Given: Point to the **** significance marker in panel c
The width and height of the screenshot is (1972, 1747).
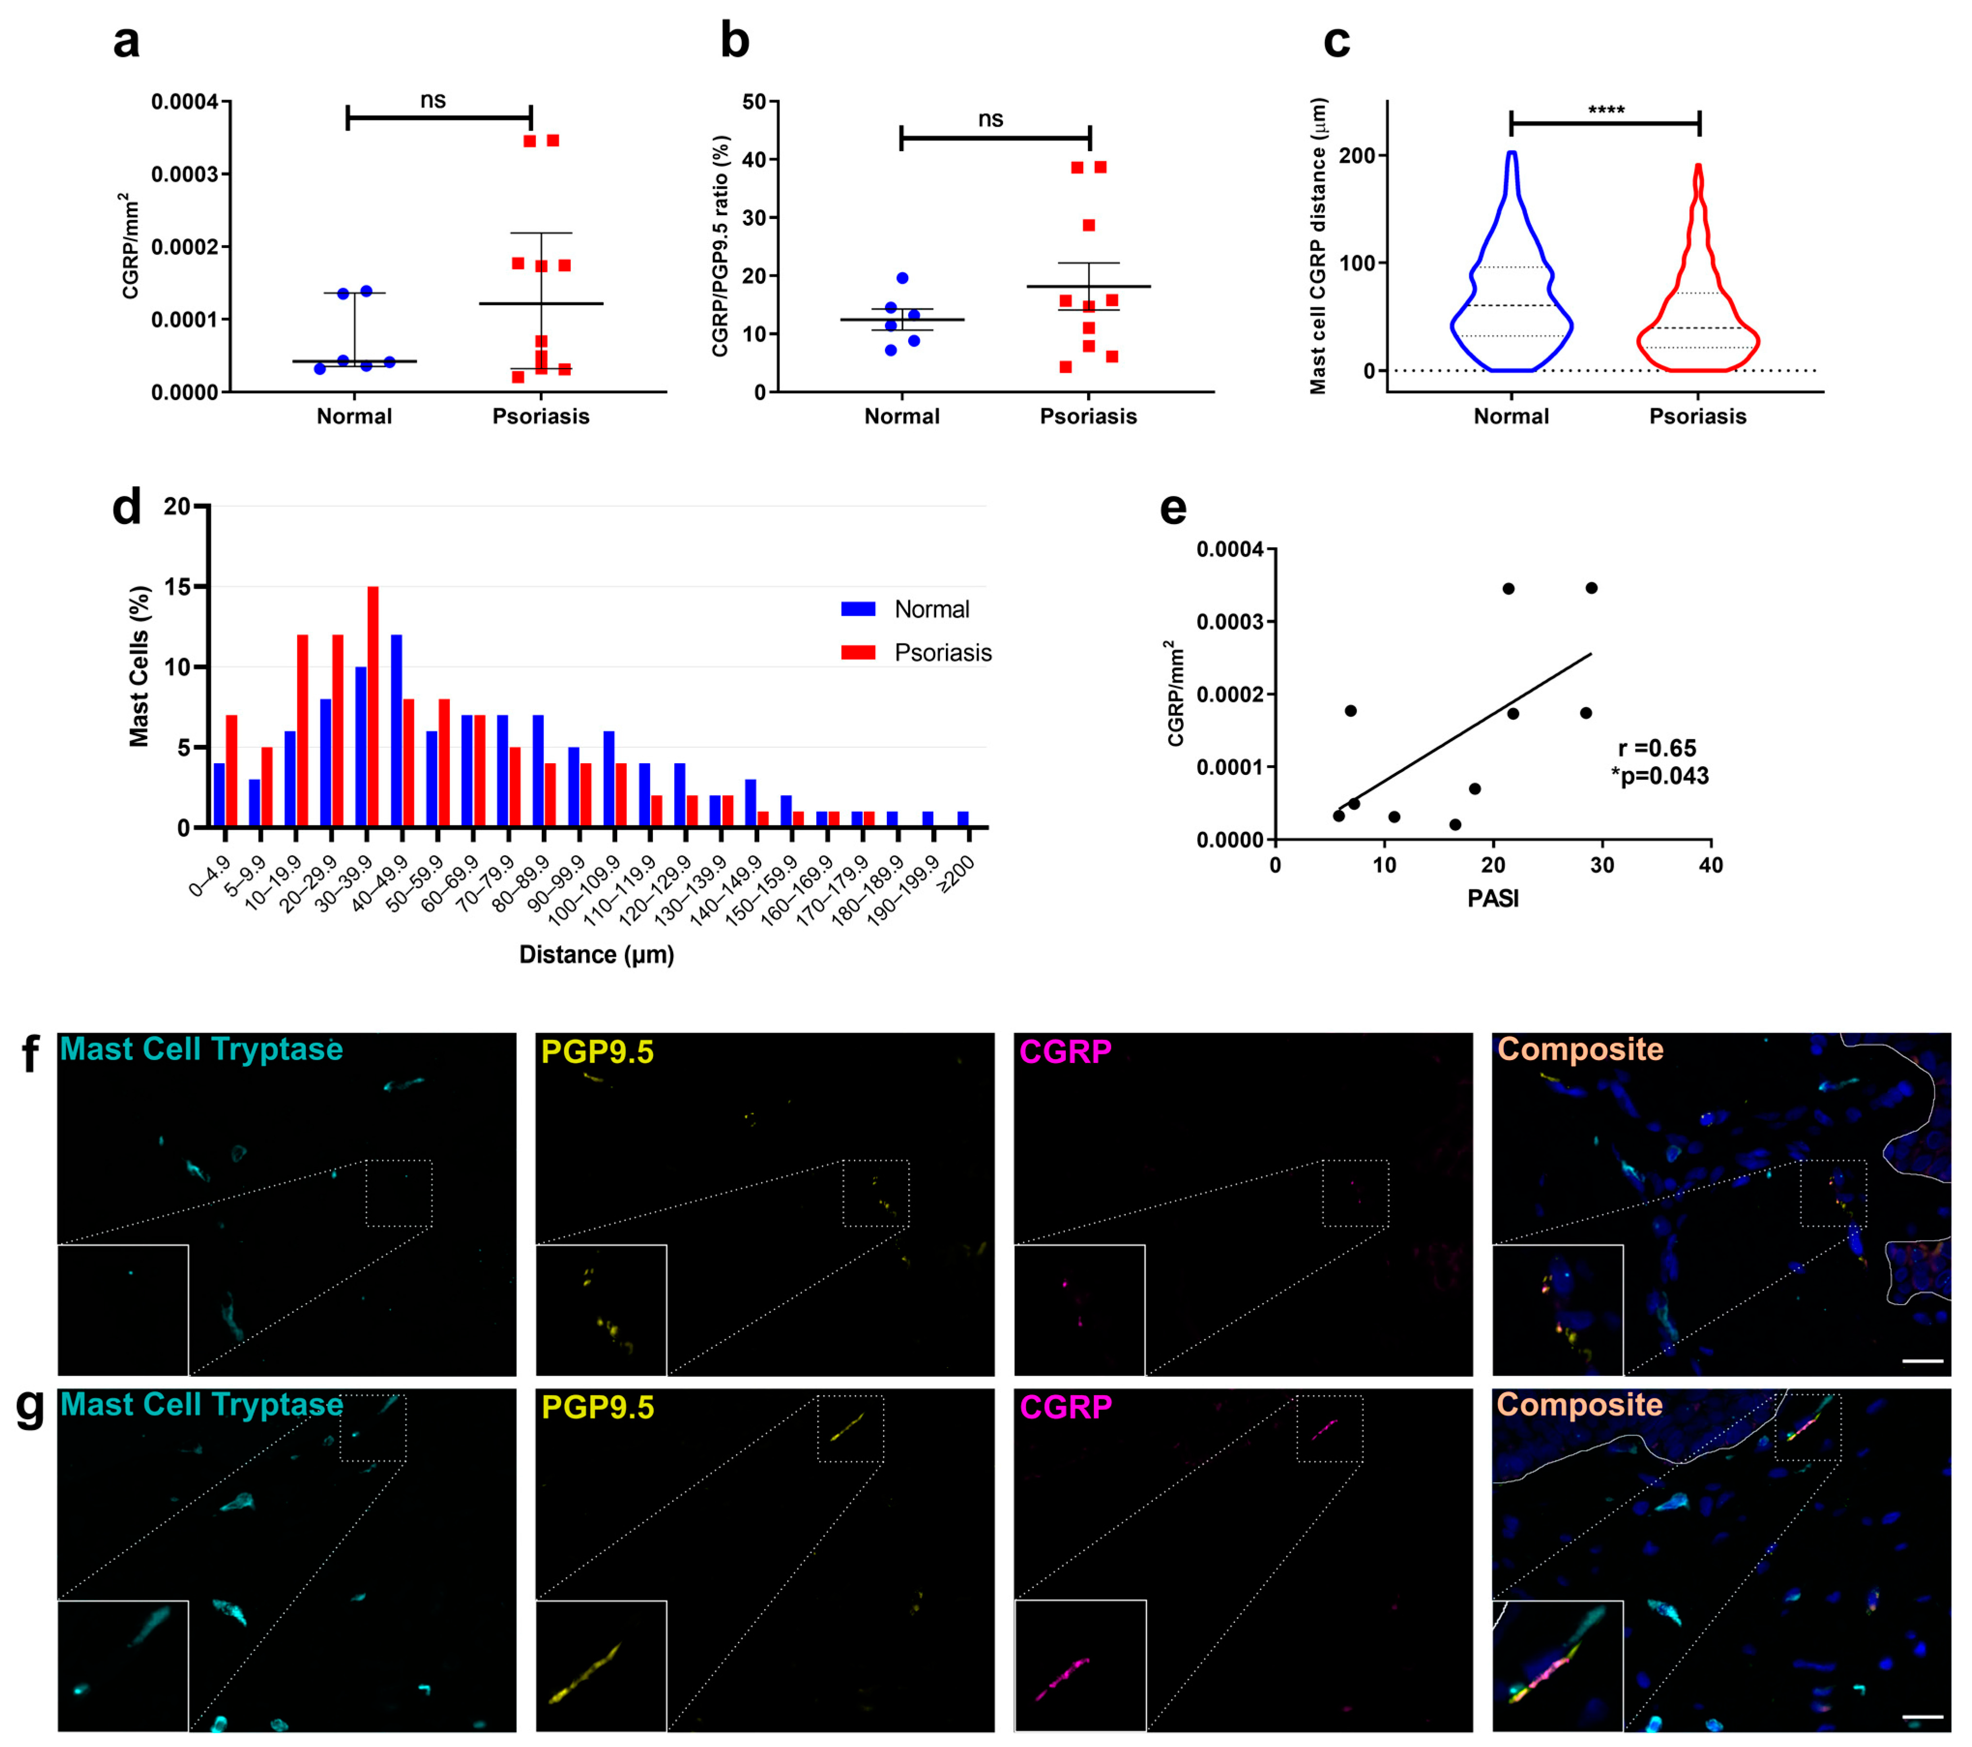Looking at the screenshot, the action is tap(1606, 110).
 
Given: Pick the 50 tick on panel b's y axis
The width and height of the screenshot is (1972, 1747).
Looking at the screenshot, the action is tap(754, 102).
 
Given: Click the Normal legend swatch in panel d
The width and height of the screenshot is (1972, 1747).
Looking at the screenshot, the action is tap(858, 609).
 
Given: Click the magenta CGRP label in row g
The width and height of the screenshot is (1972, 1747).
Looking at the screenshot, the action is tap(1065, 1408).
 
